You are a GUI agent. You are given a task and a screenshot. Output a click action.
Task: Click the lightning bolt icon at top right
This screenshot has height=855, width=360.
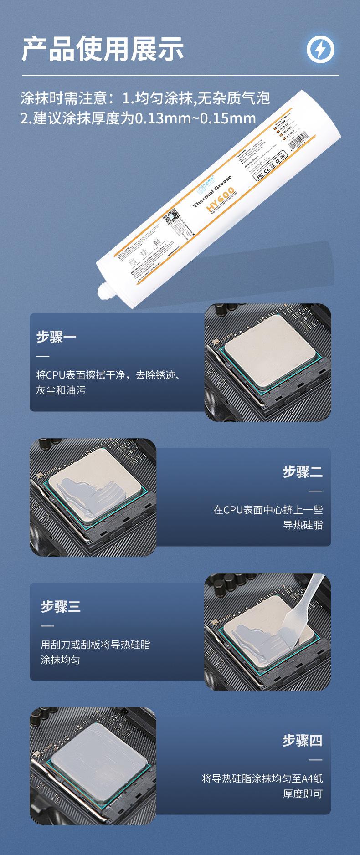pos(320,49)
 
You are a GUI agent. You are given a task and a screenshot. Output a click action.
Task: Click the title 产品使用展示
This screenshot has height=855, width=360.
pos(103,49)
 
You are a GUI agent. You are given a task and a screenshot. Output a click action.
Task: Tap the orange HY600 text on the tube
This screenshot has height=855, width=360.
pos(220,199)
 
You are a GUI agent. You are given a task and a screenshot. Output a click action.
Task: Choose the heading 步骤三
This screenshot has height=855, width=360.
pos(61,606)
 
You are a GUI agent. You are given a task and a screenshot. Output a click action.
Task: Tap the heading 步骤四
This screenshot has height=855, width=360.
pos(302,740)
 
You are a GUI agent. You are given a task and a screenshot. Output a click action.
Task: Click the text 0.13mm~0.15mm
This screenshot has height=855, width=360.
pos(195,119)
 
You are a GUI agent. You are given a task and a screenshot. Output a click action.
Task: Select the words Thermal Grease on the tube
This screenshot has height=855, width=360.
pos(212,191)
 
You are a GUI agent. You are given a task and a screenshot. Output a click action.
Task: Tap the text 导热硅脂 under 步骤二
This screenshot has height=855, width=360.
pos(303,525)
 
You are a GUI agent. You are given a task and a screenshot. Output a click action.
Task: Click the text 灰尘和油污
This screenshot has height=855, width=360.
pos(61,390)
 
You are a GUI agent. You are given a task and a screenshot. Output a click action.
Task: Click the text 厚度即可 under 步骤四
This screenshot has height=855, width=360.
pos(303,794)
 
